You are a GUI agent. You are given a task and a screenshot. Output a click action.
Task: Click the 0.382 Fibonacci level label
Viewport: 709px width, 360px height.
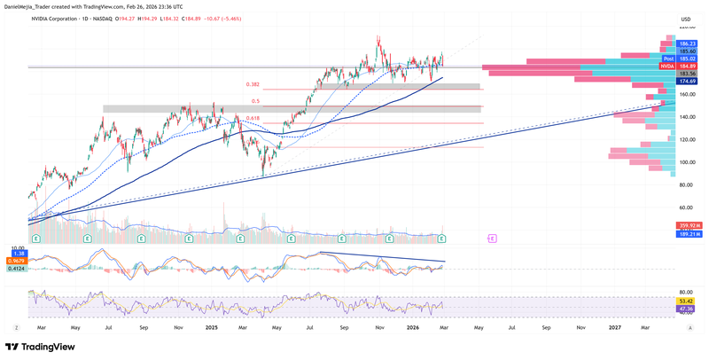pyautogui.click(x=253, y=85)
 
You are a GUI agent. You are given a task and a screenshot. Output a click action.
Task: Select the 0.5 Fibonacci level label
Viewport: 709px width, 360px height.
pyautogui.click(x=254, y=101)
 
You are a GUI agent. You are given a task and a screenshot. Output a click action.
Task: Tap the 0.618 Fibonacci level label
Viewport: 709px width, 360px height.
pyautogui.click(x=253, y=118)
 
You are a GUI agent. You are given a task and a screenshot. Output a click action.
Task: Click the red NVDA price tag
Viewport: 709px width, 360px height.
pyautogui.click(x=667, y=66)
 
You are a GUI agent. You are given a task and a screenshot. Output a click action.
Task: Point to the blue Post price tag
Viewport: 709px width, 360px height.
pyautogui.click(x=669, y=59)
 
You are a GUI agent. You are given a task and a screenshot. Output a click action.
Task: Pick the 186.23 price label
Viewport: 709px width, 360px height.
pyautogui.click(x=687, y=43)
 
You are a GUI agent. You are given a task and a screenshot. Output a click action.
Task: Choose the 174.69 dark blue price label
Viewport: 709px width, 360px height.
pyautogui.click(x=687, y=82)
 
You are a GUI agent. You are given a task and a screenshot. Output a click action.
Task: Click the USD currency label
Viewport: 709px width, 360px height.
pyautogui.click(x=685, y=20)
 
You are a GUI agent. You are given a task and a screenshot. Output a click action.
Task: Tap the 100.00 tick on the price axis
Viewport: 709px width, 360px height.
pyautogui.click(x=686, y=162)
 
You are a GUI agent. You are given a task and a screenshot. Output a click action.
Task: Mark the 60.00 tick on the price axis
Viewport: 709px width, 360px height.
pyautogui.click(x=685, y=208)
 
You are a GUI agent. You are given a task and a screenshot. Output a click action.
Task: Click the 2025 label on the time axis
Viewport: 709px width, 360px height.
pyautogui.click(x=211, y=328)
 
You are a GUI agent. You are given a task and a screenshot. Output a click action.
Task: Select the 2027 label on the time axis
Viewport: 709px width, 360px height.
pyautogui.click(x=614, y=328)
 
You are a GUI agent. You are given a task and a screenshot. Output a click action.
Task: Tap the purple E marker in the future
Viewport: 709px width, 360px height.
pyautogui.click(x=493, y=239)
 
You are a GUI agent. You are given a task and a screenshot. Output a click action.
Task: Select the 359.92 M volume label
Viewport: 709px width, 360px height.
pyautogui.click(x=689, y=225)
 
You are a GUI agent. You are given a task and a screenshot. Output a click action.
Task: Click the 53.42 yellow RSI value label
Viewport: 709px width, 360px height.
pyautogui.click(x=684, y=301)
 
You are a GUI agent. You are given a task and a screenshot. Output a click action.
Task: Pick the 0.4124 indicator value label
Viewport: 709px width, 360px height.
pyautogui.click(x=15, y=269)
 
